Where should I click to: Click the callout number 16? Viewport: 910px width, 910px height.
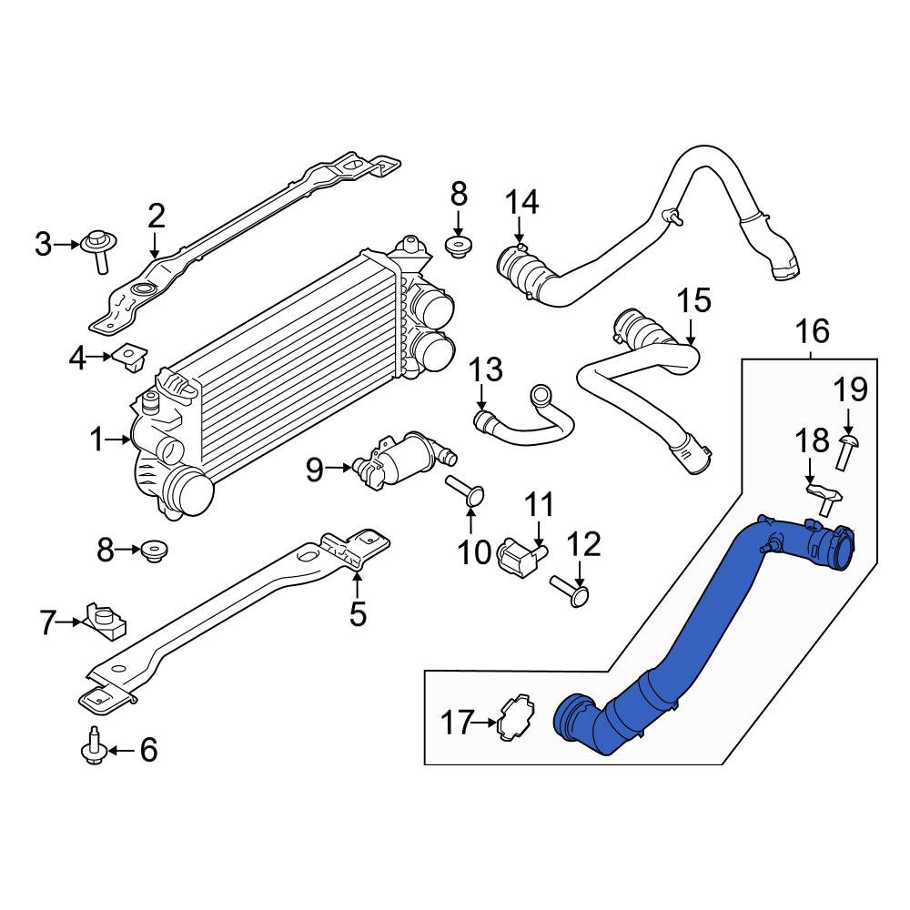[x=813, y=331]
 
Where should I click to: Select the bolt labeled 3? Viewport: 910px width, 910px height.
[x=100, y=250]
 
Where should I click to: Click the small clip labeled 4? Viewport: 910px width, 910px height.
[x=131, y=358]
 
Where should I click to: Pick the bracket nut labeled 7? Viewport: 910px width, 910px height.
[x=105, y=622]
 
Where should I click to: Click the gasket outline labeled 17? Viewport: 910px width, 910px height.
[x=518, y=723]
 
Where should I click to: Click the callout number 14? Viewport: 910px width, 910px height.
[x=522, y=203]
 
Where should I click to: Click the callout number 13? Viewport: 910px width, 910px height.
[x=486, y=369]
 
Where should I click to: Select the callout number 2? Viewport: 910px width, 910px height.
[x=156, y=216]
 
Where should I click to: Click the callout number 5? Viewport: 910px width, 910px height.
[x=358, y=613]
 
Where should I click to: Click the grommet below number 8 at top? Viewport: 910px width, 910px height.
[x=458, y=247]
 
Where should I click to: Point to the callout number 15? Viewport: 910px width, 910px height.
[x=694, y=300]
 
